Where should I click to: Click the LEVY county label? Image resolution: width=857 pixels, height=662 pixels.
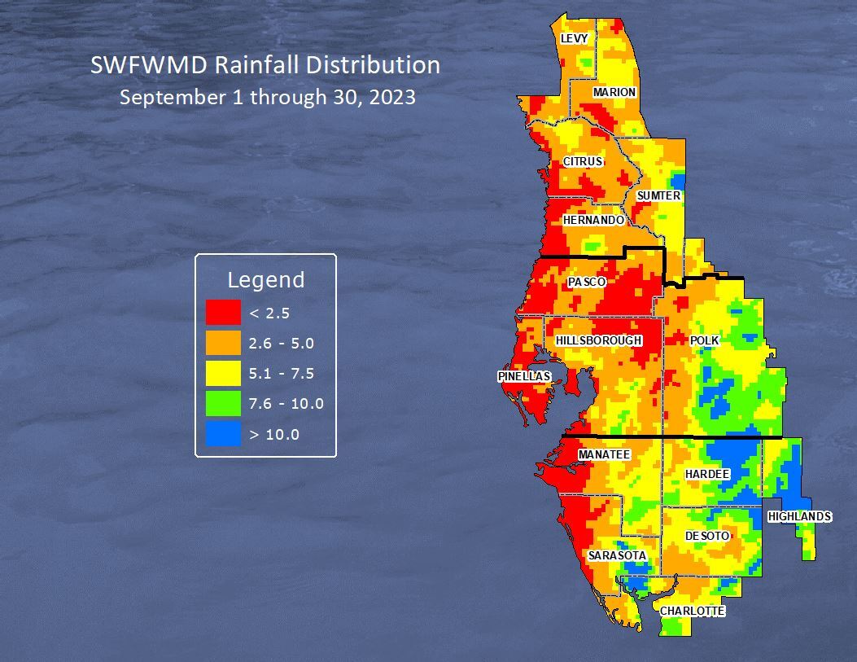coord(574,39)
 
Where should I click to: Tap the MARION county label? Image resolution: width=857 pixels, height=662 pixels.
coord(614,93)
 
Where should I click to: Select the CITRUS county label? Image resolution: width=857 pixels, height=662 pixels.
coord(583,162)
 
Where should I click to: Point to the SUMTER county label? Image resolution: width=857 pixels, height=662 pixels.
coord(658,196)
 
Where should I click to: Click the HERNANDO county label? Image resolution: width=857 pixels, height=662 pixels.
coord(593,221)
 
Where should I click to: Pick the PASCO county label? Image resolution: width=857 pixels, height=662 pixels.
coord(587,283)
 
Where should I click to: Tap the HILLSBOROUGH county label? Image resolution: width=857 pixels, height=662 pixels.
coord(599,340)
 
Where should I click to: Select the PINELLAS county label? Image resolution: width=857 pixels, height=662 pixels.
coord(524,377)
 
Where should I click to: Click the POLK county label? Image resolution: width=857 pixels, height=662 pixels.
coord(705,340)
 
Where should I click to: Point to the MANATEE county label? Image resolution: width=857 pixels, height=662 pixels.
coord(604,454)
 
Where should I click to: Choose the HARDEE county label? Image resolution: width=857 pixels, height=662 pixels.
coord(706,474)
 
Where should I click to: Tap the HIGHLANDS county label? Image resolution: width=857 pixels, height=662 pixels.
coord(799,517)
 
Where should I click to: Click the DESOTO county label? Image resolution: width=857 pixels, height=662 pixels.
coord(706,537)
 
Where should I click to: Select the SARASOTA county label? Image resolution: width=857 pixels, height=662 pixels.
coord(617,556)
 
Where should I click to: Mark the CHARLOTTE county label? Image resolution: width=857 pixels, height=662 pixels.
coord(692,611)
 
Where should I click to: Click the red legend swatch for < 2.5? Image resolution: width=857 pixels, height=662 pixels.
coord(223,312)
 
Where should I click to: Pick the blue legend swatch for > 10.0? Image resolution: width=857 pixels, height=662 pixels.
coord(223,434)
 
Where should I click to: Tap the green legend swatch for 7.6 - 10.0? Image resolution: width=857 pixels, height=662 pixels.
coord(223,404)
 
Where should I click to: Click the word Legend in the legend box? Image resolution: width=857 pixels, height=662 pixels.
coord(265,280)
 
